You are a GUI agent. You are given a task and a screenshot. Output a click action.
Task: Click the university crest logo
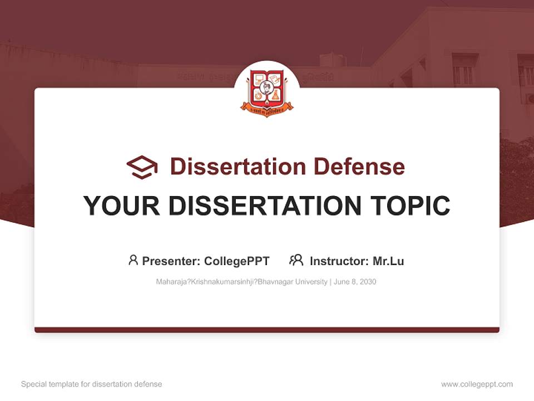click(x=267, y=92)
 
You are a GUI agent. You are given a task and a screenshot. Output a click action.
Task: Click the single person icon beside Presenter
click(x=133, y=260)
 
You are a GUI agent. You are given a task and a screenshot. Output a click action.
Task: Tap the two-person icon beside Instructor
click(x=296, y=260)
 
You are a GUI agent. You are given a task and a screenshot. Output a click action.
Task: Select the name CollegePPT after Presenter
click(x=237, y=261)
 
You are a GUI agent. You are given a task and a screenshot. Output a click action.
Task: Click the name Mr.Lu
click(x=388, y=261)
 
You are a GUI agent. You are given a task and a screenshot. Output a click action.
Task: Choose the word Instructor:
click(x=339, y=261)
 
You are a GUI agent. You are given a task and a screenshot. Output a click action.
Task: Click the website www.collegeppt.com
click(x=477, y=384)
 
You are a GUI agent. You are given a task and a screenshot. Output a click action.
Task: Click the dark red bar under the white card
click(x=267, y=330)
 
